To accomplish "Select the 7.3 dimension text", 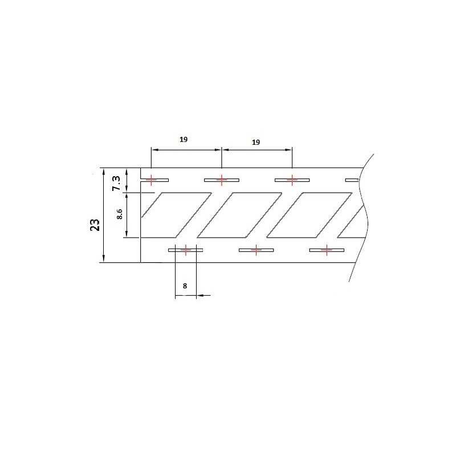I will tap(116, 182).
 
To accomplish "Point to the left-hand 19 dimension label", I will tap(183, 139).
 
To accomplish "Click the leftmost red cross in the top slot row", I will tap(150, 180).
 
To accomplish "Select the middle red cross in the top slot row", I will tap(221, 180).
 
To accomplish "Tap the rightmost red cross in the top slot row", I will tap(292, 180).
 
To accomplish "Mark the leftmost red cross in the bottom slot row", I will tap(185, 250).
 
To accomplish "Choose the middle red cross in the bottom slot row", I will tap(256, 250).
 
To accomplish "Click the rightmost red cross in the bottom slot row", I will tap(327, 250).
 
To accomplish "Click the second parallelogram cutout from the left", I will tap(239, 214).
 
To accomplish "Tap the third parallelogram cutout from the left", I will tap(310, 214).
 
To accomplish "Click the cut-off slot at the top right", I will tap(352, 180).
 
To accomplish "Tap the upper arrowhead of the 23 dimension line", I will tap(103, 172).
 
